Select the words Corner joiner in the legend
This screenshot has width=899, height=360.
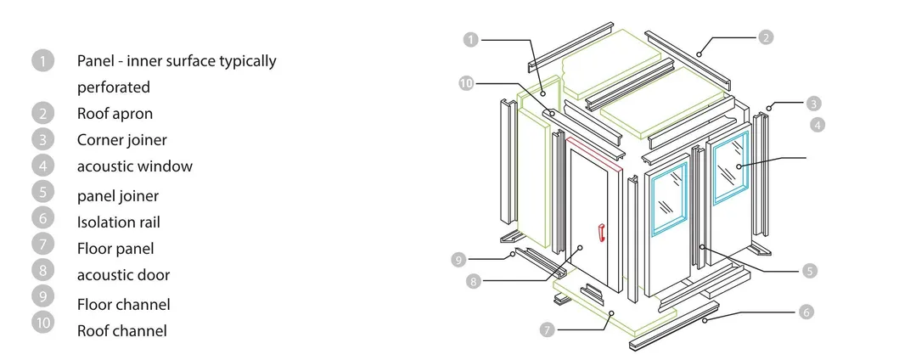pyautogui.click(x=121, y=139)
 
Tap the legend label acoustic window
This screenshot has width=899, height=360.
pyautogui.click(x=134, y=166)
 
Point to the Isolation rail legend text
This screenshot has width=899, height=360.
pyautogui.click(x=118, y=222)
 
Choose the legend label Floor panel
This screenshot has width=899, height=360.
pyautogui.click(x=115, y=249)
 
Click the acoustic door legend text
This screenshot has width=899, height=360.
pyautogui.click(x=123, y=275)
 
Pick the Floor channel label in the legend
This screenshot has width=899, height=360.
pyautogui.click(x=123, y=304)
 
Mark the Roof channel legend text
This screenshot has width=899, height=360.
pyautogui.click(x=121, y=330)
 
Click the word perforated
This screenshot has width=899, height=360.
pyautogui.click(x=113, y=87)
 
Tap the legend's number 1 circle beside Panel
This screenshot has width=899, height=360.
pyautogui.click(x=42, y=60)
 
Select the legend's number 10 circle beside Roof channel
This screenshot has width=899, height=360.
pyautogui.click(x=42, y=323)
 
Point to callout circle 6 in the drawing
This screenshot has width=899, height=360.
pyautogui.click(x=806, y=312)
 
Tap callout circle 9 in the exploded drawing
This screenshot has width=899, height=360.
pyautogui.click(x=458, y=258)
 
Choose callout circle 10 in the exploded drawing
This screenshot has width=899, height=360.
pyautogui.click(x=466, y=83)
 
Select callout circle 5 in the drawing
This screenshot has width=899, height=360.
pyautogui.click(x=810, y=271)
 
